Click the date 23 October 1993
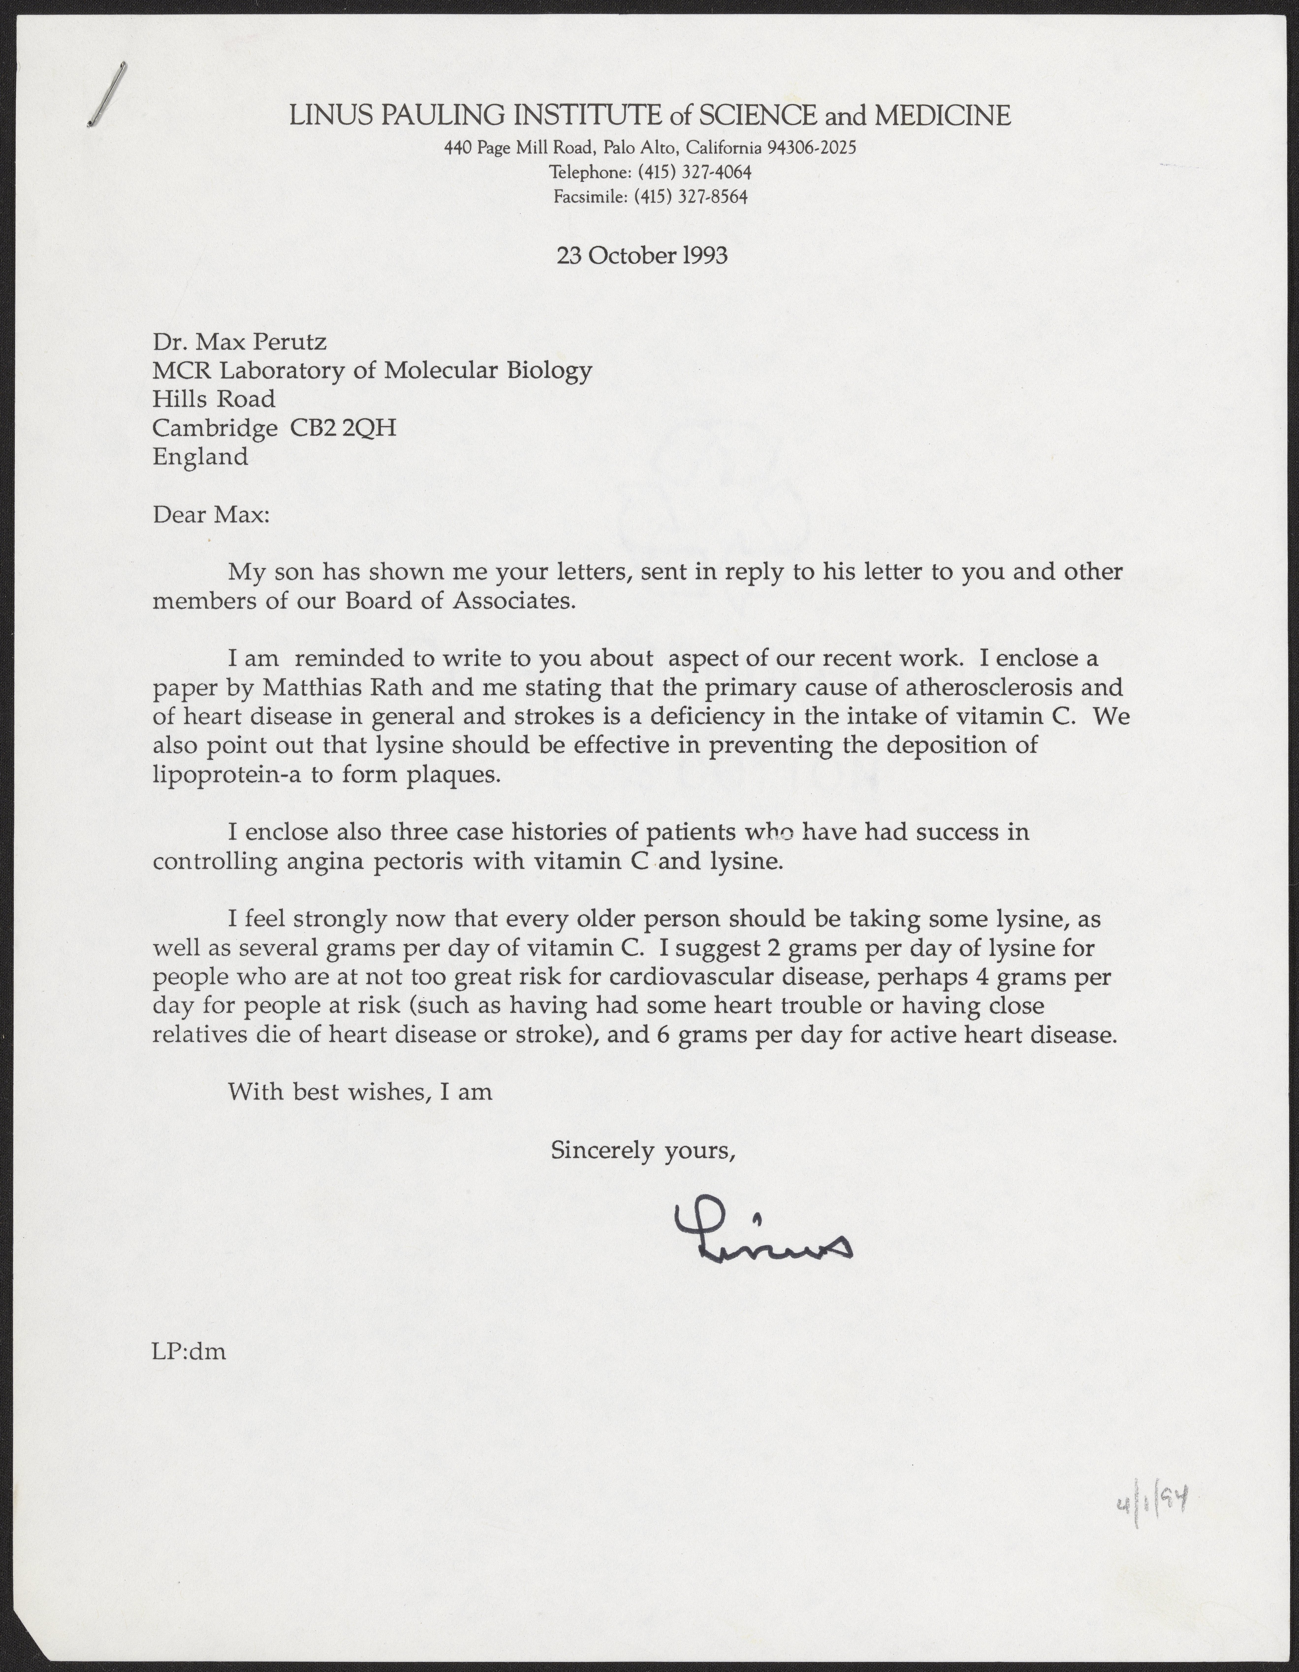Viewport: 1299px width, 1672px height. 642,255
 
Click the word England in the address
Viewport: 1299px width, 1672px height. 200,457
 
